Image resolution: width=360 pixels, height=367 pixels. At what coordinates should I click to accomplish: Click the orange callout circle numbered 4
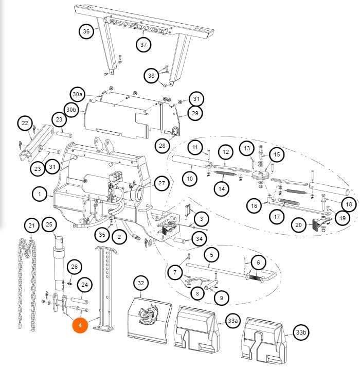80,325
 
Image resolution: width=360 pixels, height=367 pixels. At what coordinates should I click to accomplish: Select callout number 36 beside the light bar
86,31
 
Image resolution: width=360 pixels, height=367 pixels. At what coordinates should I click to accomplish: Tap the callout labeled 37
143,44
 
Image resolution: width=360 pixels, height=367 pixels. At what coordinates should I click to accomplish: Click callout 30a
78,94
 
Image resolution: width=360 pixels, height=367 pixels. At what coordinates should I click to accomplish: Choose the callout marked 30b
71,110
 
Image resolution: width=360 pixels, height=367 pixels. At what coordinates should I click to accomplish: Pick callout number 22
25,123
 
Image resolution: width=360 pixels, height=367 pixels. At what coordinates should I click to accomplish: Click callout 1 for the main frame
40,194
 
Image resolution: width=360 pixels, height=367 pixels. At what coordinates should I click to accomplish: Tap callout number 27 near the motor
161,183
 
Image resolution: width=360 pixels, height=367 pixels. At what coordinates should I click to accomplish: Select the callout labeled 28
162,146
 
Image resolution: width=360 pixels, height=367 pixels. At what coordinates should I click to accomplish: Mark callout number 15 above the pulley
277,154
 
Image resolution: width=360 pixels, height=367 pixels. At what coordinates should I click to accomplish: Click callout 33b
301,332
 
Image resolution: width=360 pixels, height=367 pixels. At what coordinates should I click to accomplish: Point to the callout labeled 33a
232,321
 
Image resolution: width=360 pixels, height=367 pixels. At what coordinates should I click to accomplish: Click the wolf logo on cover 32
147,316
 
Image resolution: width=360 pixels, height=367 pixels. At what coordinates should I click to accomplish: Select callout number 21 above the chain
31,225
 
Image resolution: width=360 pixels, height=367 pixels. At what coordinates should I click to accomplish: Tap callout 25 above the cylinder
49,224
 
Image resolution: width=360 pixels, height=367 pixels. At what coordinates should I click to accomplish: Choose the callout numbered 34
199,239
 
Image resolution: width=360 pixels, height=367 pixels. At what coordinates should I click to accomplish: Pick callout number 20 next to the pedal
298,225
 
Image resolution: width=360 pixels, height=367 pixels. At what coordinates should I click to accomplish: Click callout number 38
151,76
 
